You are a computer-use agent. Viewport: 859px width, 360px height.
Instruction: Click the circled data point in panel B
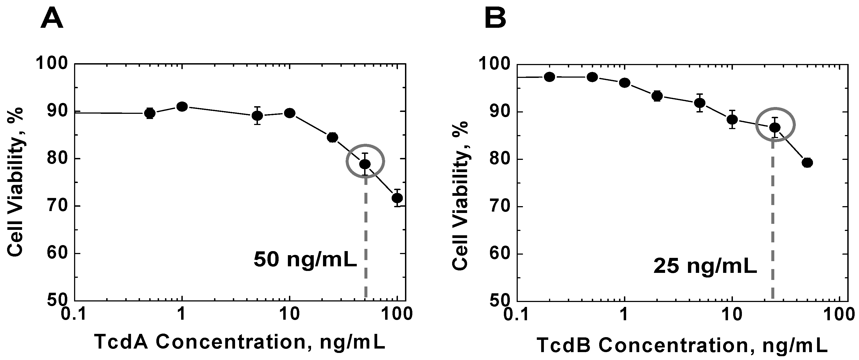[x=775, y=127]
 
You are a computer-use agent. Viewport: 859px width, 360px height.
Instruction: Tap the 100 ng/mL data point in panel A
[x=397, y=198]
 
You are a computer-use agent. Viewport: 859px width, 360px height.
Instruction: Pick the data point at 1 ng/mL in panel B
[x=625, y=83]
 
